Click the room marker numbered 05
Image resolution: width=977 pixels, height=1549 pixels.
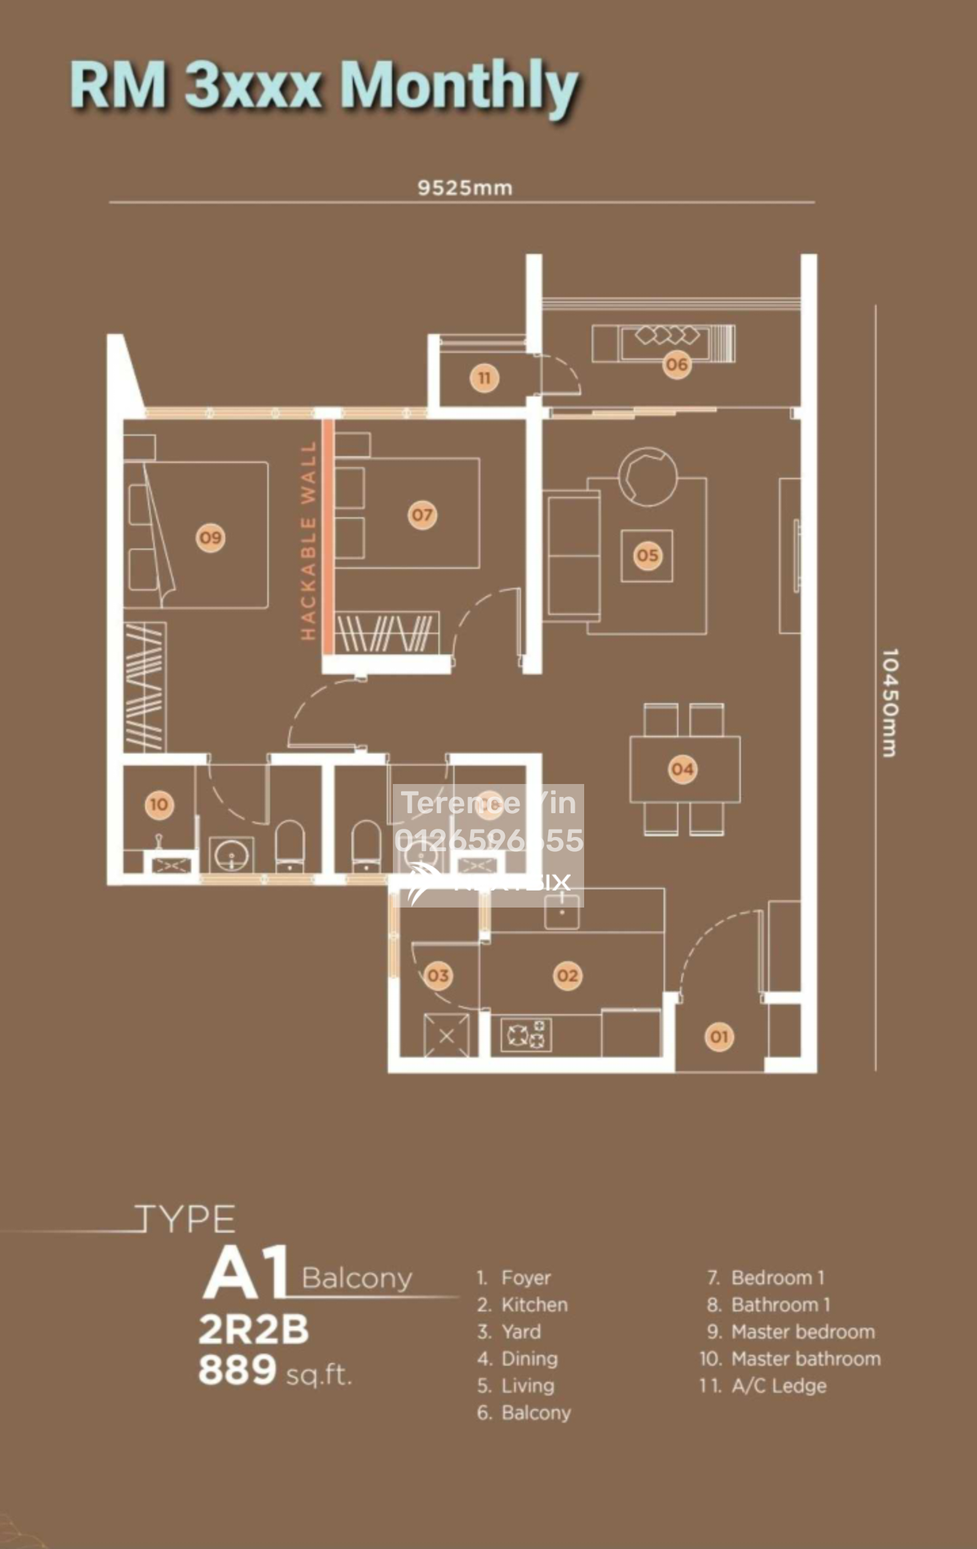click(x=647, y=555)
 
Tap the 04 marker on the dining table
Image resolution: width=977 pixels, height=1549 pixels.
click(x=682, y=769)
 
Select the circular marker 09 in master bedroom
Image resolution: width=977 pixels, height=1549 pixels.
click(x=210, y=538)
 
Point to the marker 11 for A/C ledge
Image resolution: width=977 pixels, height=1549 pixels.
click(x=484, y=378)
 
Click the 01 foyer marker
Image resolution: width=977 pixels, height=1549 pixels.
click(x=719, y=1037)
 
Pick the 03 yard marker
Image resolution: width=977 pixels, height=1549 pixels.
click(x=438, y=975)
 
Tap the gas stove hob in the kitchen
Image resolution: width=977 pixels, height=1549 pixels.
click(x=526, y=1035)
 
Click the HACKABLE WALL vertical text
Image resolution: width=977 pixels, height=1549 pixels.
click(x=309, y=541)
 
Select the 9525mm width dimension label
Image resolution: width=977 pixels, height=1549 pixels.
click(x=465, y=188)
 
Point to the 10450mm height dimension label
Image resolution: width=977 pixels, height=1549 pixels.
click(x=889, y=703)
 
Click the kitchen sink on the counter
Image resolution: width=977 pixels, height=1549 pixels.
click(x=562, y=910)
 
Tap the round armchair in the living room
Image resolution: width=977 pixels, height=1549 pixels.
click(x=647, y=476)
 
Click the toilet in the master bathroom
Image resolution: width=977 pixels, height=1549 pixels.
click(x=290, y=844)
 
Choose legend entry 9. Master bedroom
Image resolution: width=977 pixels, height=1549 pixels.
click(x=791, y=1332)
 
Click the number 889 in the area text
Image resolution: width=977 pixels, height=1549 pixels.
click(x=237, y=1370)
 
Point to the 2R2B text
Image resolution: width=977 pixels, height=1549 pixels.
click(x=253, y=1330)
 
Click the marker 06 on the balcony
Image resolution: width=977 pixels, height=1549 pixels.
click(x=676, y=365)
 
